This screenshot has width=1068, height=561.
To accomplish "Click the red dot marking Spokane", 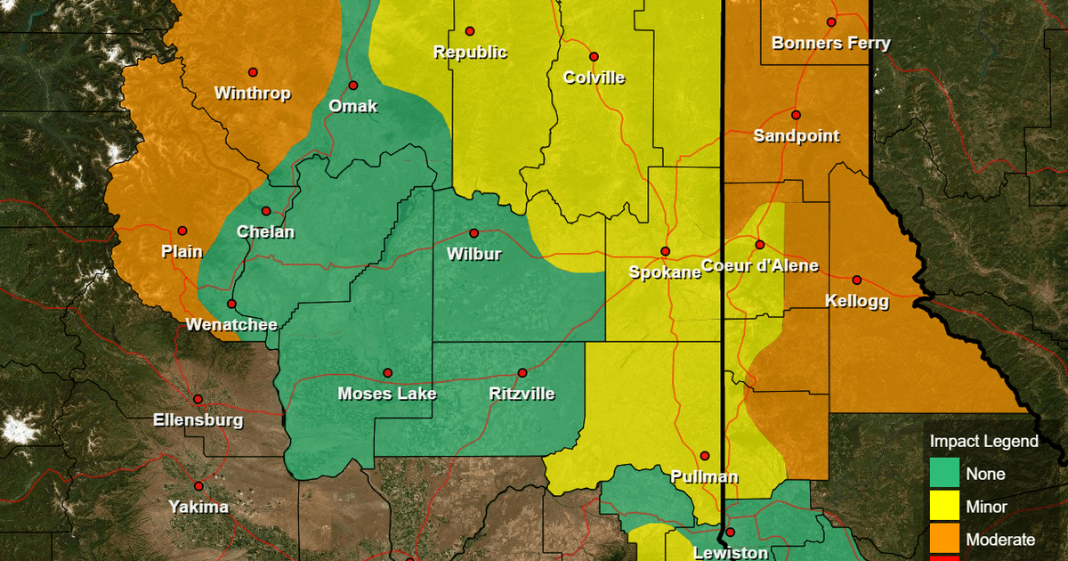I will coord(665,251).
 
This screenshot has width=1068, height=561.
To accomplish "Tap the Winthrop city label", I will coord(253,93).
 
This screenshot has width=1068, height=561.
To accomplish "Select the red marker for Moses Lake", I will coord(388,372).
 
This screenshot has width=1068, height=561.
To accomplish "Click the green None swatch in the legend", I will coord(944,474).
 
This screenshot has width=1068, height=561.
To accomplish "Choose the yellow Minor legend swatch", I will coord(944,507).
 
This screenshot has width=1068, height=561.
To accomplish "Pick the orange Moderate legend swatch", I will coord(944,539).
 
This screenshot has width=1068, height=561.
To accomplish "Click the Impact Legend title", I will coord(983,442).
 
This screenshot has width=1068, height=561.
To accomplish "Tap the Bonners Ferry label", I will coord(830,43).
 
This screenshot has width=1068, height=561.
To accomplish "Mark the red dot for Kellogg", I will coord(857,280).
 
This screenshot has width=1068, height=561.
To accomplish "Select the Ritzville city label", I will coord(522,394).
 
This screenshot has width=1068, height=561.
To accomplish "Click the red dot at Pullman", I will coord(705,455).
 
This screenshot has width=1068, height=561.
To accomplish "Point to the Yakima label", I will coord(198,508).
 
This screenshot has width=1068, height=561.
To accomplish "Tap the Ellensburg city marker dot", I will coord(198,399).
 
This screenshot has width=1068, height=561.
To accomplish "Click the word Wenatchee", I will coord(231,325).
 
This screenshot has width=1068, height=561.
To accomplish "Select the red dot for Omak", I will coord(353,85).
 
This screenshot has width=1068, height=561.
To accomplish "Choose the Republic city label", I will coord(470,52).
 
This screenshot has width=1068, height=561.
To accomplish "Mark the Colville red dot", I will coord(594,57).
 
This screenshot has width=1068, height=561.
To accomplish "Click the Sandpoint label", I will coord(796,136).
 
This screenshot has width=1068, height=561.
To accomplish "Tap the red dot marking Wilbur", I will coord(473,233).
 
